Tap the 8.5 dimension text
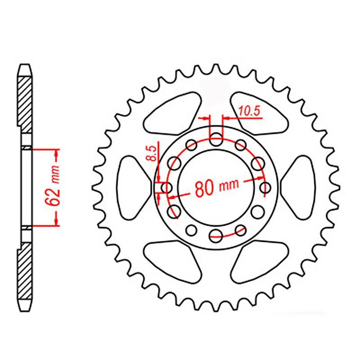151,153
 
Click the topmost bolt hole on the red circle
216,140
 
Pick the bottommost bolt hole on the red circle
216,235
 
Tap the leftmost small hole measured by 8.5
165,187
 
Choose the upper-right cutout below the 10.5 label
259,114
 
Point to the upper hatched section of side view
25,101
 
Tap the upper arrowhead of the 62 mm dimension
57,153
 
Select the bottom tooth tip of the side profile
25,307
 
